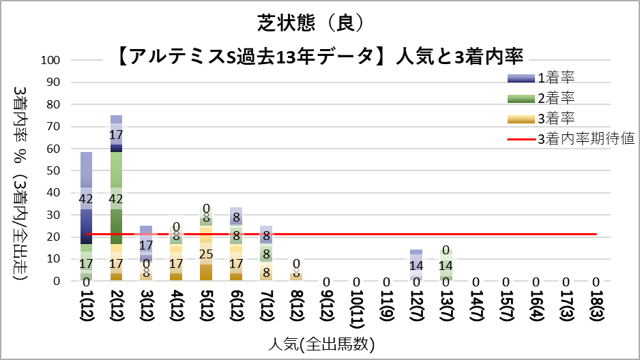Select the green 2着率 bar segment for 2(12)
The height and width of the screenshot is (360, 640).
click(x=117, y=198)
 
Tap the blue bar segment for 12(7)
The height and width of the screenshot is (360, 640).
click(x=417, y=265)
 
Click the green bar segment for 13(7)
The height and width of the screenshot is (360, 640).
click(x=446, y=265)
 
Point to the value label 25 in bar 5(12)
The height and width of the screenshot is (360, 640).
click(x=207, y=254)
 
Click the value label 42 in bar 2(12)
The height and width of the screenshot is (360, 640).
click(x=117, y=199)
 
